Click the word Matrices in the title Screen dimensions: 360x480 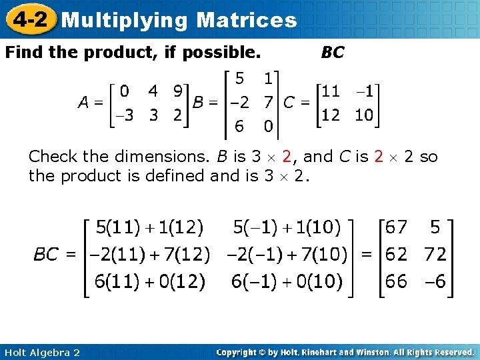coord(247,20)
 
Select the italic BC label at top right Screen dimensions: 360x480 coord(332,53)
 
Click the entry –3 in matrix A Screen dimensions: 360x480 coord(123,115)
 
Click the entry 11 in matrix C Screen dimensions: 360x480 coord(331,91)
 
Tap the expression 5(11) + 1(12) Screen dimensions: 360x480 coord(150,228)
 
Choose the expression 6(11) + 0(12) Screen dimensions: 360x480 coord(150,281)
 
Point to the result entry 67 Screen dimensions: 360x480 coord(396,228)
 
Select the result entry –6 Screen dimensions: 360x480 coord(434,281)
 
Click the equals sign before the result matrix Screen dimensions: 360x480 coord(367,255)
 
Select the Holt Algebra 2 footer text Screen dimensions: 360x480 coord(41,352)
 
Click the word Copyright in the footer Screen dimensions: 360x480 coord(239,352)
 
